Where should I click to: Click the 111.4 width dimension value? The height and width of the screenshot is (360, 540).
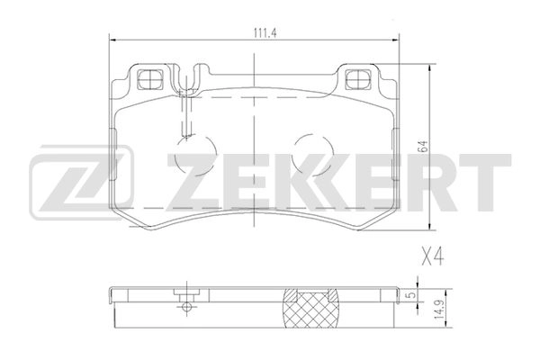click(265, 33)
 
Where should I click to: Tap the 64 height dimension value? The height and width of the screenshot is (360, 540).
click(423, 147)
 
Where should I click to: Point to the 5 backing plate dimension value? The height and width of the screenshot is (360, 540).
click(409, 295)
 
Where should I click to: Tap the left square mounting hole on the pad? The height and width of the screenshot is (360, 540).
click(150, 79)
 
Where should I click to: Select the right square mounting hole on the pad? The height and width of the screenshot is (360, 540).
click(358, 79)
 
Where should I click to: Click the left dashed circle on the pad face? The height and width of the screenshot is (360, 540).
click(195, 155)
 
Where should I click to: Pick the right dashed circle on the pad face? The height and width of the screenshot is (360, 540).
click(312, 155)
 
